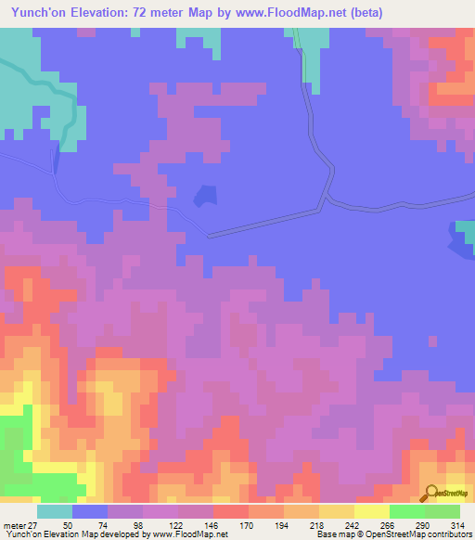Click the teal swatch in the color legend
[x=55, y=511]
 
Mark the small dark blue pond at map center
[x=204, y=196]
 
